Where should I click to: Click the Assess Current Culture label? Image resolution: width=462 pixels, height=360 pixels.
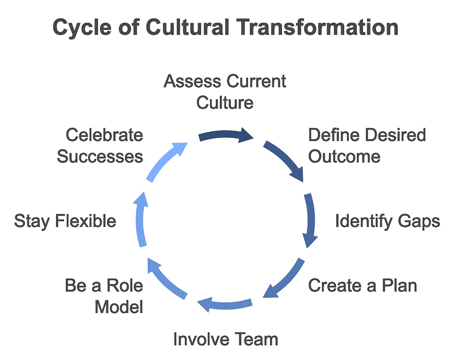225,92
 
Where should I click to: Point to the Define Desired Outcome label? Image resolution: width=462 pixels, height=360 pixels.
367,145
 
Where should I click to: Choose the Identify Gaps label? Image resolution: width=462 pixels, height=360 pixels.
388,221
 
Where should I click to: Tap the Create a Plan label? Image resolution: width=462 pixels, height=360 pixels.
363,285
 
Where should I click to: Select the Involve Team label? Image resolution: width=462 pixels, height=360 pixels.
225,339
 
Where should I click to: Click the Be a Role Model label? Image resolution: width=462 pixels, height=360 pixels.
104,296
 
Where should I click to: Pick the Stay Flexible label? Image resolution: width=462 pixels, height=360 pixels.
65,221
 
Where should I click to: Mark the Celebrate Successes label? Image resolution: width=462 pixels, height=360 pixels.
100,145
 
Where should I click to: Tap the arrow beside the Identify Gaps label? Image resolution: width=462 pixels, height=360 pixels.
310,220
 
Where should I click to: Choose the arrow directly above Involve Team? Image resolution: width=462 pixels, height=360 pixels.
224,305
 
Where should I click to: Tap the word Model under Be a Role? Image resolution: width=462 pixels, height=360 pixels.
119,307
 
